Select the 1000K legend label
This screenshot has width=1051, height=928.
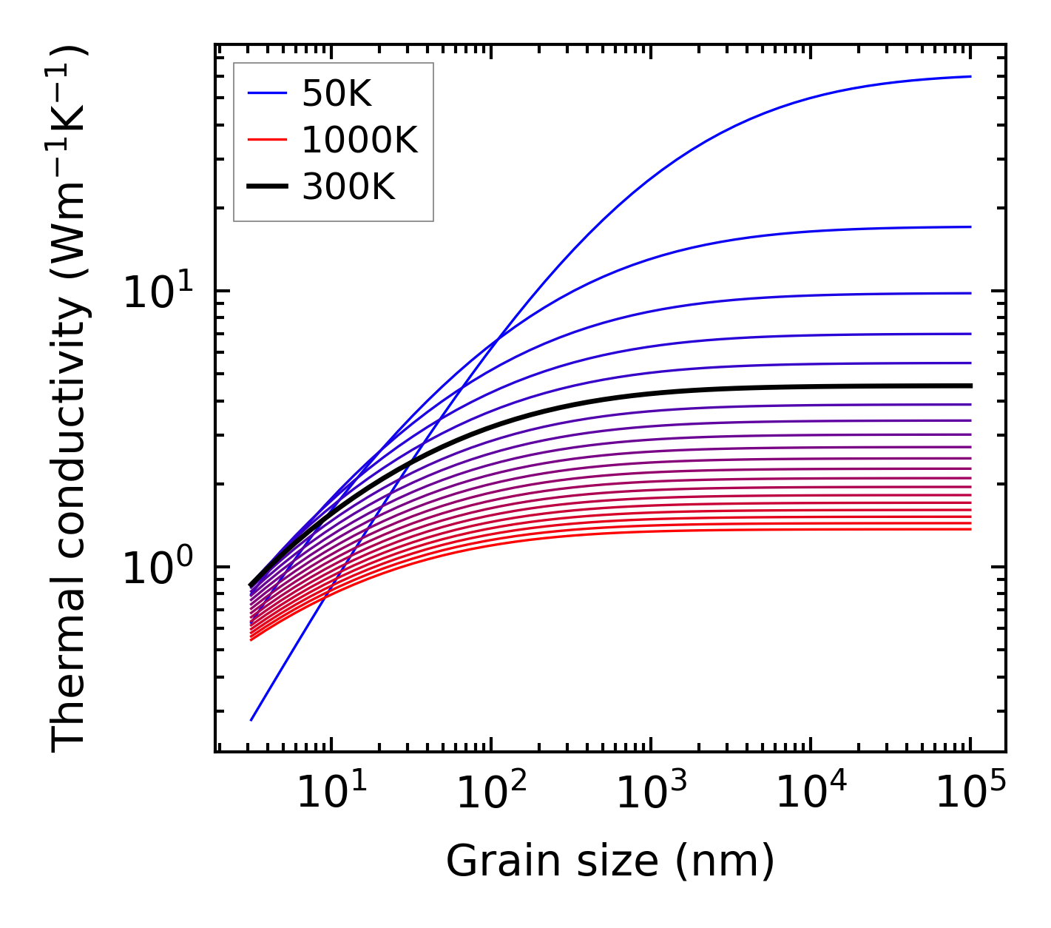tap(359, 140)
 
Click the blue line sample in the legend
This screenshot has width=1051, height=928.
tap(266, 93)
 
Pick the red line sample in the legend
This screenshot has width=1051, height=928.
tap(266, 140)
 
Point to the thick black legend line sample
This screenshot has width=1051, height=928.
tap(266, 187)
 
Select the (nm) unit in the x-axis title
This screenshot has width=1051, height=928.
tap(725, 861)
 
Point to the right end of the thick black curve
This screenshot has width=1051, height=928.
tap(970, 386)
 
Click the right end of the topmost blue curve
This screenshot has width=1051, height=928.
tap(970, 76)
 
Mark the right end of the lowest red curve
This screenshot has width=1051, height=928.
tap(970, 528)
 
